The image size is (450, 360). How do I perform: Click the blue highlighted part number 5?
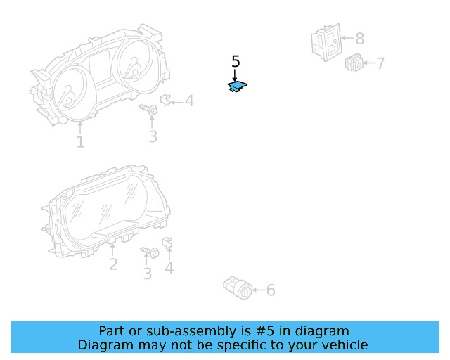(237, 86)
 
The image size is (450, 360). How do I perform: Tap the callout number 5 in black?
(236, 61)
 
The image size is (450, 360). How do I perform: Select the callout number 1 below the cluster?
(80, 142)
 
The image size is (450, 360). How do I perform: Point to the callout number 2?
(112, 264)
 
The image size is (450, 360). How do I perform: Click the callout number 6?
(271, 290)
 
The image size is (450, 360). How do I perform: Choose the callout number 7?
(380, 64)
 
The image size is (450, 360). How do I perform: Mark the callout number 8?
(359, 39)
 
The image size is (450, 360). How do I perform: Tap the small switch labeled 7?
(354, 63)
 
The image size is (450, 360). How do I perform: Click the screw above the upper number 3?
(149, 109)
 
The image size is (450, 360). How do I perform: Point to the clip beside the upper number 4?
(166, 100)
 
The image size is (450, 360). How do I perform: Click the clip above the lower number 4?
(167, 243)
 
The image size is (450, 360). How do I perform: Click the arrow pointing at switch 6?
(257, 290)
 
